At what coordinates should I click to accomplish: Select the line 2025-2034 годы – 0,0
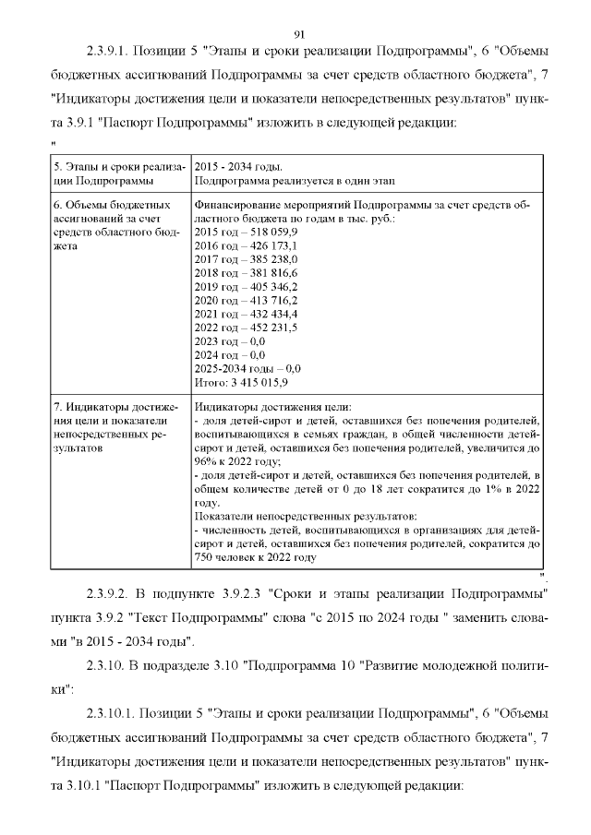pyautogui.click(x=247, y=367)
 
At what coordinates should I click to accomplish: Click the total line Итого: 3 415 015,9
pyautogui.click(x=242, y=381)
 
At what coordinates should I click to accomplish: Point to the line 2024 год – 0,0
pyautogui.click(x=230, y=354)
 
